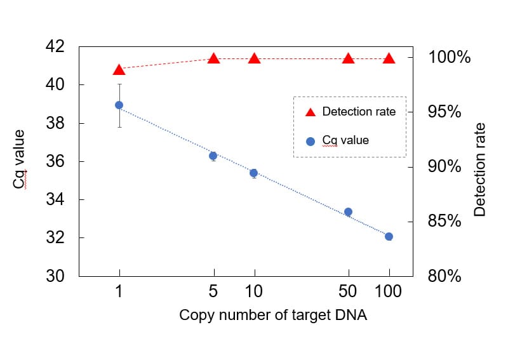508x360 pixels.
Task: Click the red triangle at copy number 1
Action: [119, 70]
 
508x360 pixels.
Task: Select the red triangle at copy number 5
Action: [214, 59]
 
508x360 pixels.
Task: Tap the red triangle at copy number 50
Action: [348, 59]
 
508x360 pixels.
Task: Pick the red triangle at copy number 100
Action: [389, 59]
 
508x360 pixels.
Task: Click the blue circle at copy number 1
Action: [119, 105]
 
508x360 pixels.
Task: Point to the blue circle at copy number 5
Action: [213, 156]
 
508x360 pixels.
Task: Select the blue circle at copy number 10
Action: [253, 173]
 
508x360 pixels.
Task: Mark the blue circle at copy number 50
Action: [348, 212]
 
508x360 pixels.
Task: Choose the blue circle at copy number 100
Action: [389, 236]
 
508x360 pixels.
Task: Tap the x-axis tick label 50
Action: [348, 292]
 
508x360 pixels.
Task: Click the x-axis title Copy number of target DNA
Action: [273, 315]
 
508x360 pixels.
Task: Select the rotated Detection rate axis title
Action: [480, 169]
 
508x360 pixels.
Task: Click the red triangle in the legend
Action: [311, 112]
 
